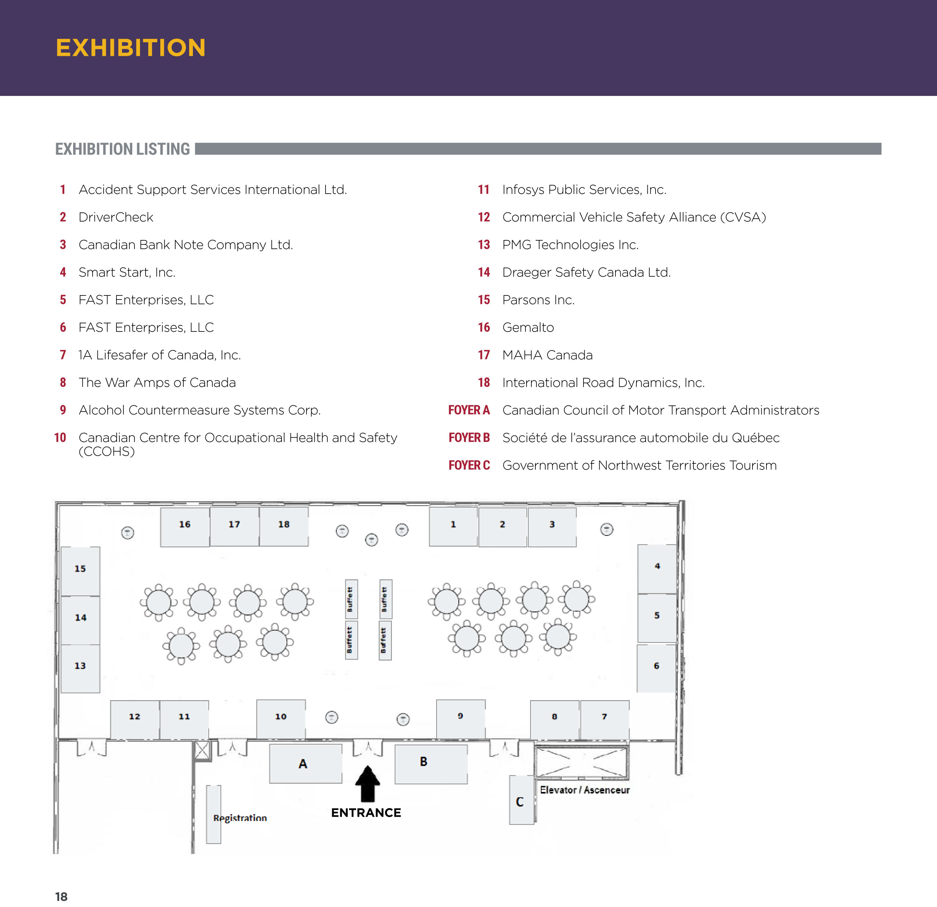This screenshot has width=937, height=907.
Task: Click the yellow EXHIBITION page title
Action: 130,48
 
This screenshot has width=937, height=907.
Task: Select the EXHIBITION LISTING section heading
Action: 122,149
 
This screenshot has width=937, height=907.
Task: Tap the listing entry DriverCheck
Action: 116,217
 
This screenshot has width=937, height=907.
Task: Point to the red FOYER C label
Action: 469,465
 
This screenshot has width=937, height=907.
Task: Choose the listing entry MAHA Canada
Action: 548,355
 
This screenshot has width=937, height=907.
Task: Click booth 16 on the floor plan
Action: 184,527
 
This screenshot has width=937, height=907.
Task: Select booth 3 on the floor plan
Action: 552,527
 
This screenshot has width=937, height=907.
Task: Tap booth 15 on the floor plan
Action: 80,571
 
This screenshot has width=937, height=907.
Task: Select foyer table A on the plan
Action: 305,764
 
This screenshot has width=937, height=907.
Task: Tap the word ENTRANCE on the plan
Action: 366,813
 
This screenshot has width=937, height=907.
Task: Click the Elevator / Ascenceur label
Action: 585,790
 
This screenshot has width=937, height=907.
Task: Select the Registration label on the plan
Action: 240,818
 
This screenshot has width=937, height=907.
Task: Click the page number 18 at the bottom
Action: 61,896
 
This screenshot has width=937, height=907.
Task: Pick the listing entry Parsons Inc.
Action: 538,300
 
